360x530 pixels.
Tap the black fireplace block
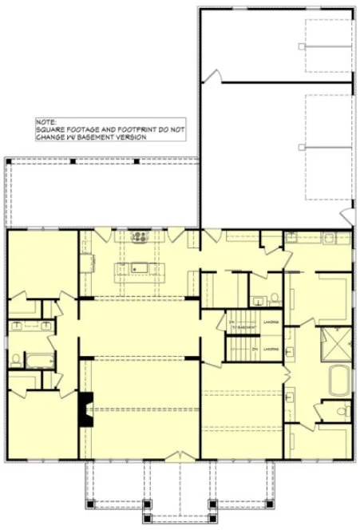83,409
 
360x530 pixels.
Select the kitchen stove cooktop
139,236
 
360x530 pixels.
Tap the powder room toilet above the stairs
274,299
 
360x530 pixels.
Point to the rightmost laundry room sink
328,236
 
